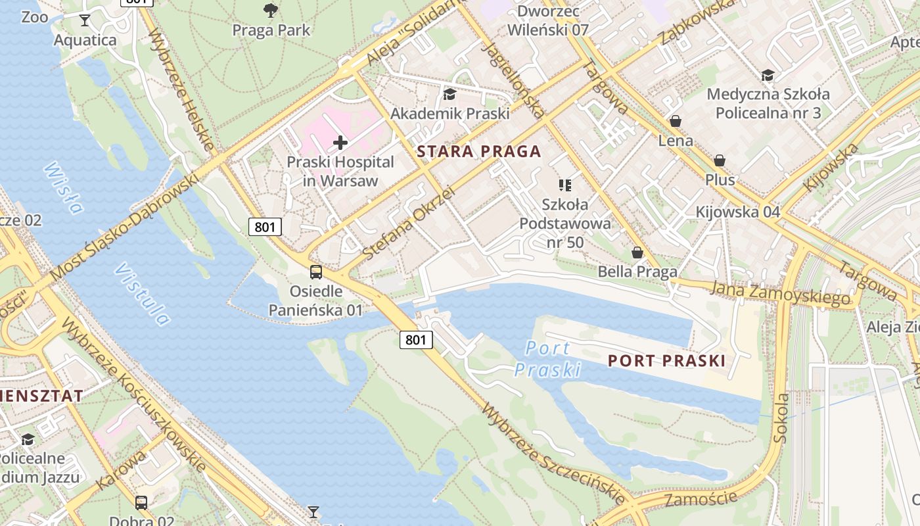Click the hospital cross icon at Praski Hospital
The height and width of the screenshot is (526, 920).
click(x=340, y=142)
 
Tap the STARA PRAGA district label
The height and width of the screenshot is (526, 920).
click(x=479, y=152)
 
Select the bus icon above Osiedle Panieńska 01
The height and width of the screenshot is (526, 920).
click(x=316, y=272)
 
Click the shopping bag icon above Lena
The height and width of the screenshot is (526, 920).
click(x=675, y=122)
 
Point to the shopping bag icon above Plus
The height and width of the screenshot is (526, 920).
click(x=720, y=161)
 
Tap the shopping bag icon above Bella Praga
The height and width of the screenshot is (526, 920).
click(x=637, y=252)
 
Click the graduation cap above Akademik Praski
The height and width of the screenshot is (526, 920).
click(x=449, y=95)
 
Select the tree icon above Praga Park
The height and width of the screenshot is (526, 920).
click(x=269, y=11)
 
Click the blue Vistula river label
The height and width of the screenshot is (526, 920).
click(x=142, y=295)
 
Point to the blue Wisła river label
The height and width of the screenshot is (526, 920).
click(x=64, y=188)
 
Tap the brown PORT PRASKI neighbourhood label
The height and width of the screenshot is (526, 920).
click(x=666, y=360)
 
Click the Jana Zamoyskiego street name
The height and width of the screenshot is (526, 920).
click(x=781, y=293)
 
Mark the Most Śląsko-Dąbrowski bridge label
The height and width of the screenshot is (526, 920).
click(x=125, y=227)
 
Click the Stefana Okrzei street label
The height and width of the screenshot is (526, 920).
click(x=408, y=223)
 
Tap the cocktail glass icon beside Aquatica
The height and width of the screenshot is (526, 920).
click(x=84, y=20)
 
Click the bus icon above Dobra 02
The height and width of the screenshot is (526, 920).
click(x=141, y=503)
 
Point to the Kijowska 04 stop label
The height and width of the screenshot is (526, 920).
click(x=737, y=212)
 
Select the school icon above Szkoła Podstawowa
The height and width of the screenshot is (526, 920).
click(x=564, y=185)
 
